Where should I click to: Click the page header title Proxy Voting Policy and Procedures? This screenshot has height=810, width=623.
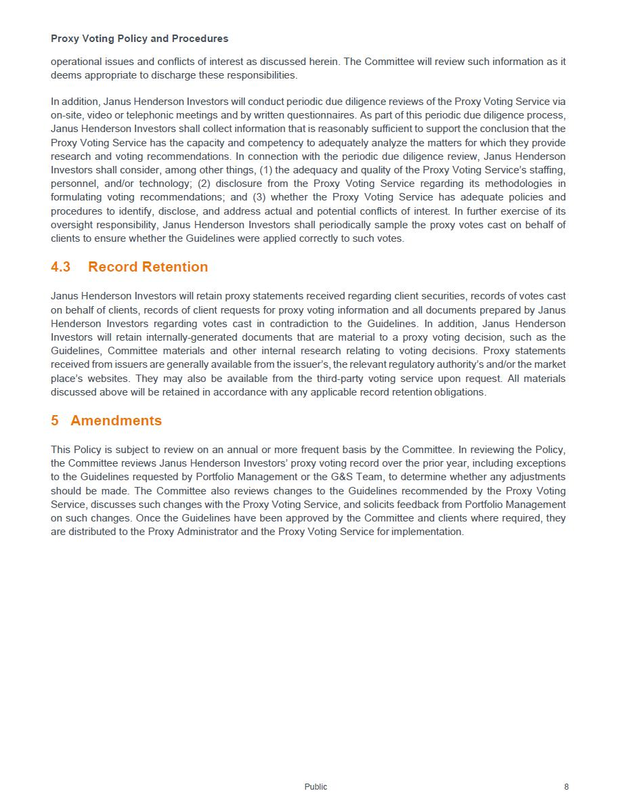(x=139, y=39)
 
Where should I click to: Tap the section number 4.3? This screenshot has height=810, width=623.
(x=60, y=267)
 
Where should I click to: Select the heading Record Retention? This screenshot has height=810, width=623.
(x=148, y=267)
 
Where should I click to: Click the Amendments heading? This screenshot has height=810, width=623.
(x=116, y=421)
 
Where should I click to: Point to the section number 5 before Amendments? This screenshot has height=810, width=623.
(x=55, y=421)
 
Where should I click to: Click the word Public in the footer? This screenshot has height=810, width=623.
(x=316, y=787)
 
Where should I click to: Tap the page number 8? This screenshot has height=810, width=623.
(x=566, y=787)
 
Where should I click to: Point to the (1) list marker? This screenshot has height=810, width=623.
(x=266, y=170)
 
